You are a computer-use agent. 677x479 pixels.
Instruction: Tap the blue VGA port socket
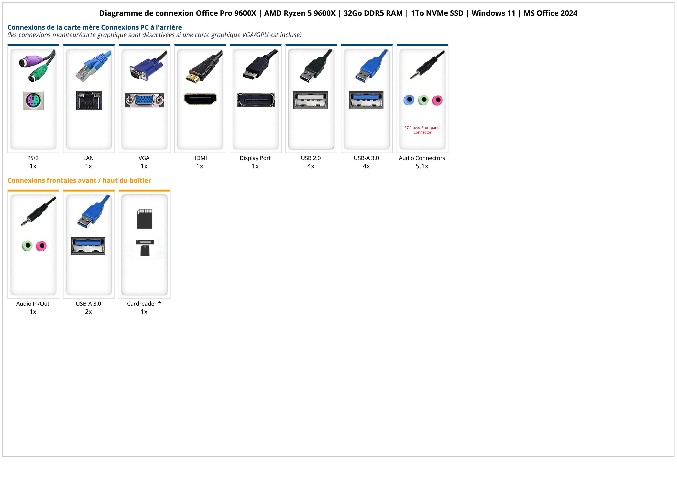(x=144, y=100)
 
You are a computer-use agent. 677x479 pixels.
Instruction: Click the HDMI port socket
(x=200, y=99)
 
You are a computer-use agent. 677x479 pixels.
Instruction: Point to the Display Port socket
(x=256, y=100)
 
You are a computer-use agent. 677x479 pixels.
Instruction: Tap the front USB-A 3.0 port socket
(x=88, y=246)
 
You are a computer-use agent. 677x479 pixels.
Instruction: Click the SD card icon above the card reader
(x=145, y=219)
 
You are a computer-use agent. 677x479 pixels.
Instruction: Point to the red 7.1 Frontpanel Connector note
(x=422, y=130)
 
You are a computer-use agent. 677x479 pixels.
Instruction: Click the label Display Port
(x=255, y=158)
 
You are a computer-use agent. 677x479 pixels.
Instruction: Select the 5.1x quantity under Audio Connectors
(x=422, y=166)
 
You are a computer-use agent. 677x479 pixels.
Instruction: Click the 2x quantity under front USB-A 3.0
(x=88, y=312)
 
